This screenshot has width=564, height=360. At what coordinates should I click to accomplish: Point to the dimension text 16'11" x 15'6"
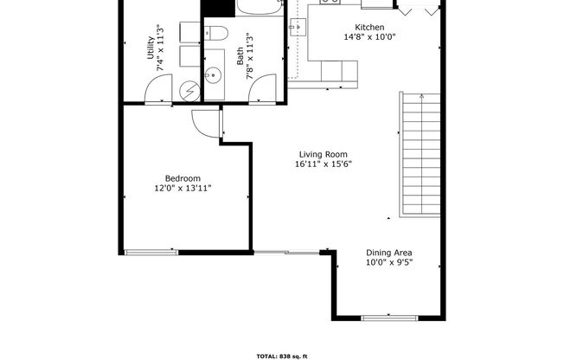click(323, 164)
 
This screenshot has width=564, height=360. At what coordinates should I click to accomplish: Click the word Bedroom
click(183, 177)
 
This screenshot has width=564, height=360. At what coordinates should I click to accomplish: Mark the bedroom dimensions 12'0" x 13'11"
click(183, 188)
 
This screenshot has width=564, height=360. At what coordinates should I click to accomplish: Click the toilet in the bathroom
click(216, 35)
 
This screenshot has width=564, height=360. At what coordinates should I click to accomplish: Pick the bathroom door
click(262, 89)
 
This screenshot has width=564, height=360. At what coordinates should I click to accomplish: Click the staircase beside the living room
click(420, 156)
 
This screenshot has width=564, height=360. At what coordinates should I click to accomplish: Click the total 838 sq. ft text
click(282, 355)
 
